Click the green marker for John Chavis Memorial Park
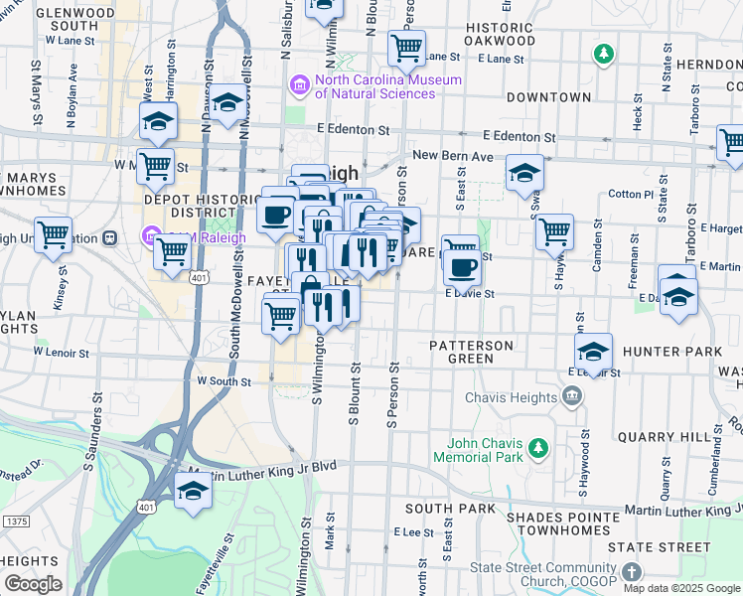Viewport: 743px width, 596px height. (538, 449)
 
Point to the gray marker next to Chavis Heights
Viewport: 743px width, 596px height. (572, 397)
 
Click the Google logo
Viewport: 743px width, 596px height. (33, 584)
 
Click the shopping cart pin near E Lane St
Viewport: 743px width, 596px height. (405, 46)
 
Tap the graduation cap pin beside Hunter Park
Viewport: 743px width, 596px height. (593, 351)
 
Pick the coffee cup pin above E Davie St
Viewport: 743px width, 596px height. (462, 267)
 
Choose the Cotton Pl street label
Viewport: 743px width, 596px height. (631, 194)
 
